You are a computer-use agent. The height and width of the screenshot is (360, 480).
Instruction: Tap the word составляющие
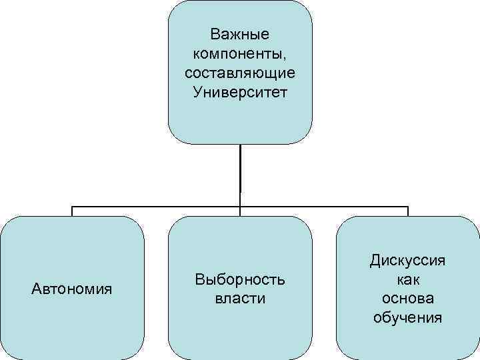(240, 71)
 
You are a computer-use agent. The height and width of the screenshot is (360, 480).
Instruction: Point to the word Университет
(240, 91)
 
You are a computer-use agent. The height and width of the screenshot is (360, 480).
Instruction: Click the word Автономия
(72, 289)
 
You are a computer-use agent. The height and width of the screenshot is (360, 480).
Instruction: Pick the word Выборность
(240, 279)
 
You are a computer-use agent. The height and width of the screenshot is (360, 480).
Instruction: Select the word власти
(240, 298)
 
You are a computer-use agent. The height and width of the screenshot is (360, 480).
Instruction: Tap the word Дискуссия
(408, 260)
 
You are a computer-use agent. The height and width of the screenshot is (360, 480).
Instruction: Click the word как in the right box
(408, 279)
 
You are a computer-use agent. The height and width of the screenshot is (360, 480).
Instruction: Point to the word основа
(408, 298)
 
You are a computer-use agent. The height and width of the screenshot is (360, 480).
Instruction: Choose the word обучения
(408, 317)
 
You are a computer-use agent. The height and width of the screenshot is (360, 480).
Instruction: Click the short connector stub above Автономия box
(72, 211)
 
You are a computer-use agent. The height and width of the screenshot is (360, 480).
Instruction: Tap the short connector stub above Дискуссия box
(408, 211)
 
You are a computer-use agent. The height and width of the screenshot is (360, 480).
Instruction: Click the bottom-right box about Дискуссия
(408, 340)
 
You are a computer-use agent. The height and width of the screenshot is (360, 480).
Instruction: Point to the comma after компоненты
(283, 56)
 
